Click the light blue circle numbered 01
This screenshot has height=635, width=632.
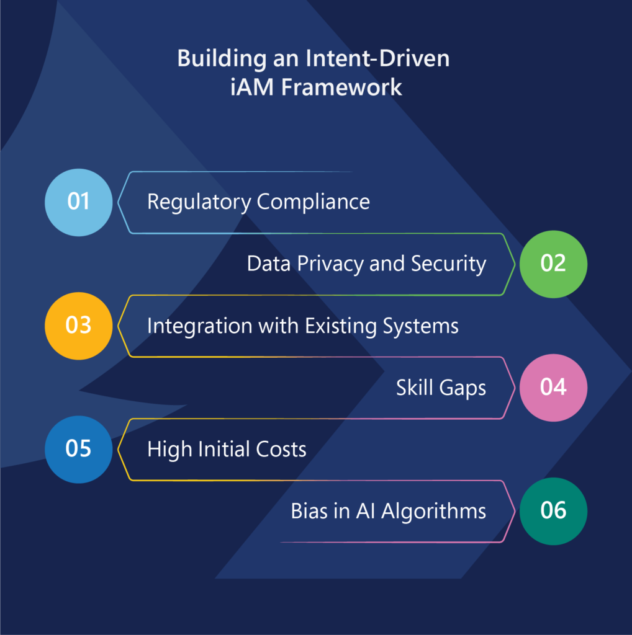(79, 203)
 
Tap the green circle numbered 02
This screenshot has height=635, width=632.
(553, 264)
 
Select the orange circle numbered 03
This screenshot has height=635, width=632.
(79, 326)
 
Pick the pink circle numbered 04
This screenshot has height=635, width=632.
(553, 388)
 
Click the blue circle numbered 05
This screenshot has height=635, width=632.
(79, 450)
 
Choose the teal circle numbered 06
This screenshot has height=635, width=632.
(553, 511)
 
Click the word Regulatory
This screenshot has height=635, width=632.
(199, 202)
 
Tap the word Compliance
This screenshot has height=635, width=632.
(314, 202)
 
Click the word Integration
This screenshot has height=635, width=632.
(200, 326)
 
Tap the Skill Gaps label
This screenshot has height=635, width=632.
(441, 388)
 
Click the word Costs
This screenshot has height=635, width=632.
(281, 449)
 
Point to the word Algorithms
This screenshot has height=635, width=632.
(433, 512)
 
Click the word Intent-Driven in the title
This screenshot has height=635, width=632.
(377, 58)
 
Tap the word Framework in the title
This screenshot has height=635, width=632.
(341, 87)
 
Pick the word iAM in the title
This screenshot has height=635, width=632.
(252, 87)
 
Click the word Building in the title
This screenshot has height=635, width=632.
(222, 59)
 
